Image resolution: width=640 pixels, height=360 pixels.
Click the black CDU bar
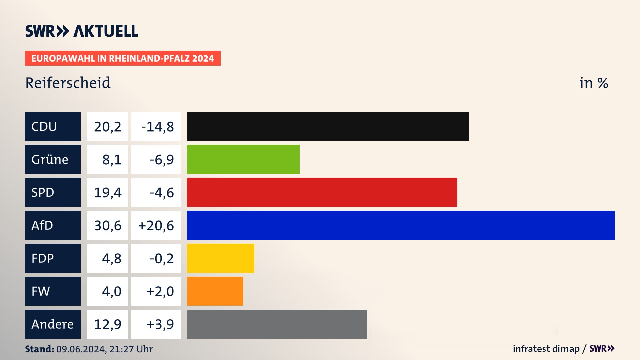(x=328, y=126)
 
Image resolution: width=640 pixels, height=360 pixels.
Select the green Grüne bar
(x=243, y=159)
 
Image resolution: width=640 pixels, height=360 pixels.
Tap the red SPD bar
(x=322, y=192)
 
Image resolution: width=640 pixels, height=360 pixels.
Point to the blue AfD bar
(x=401, y=225)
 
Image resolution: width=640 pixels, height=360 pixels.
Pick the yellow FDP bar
(x=220, y=258)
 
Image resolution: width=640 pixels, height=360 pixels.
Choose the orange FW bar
(x=215, y=291)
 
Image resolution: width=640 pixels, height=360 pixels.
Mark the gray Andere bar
(x=277, y=324)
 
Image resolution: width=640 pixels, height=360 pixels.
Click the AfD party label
(x=42, y=225)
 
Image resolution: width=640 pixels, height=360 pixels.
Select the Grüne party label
(x=50, y=159)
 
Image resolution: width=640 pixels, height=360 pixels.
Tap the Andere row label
(x=52, y=324)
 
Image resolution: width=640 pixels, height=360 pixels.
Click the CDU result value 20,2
(x=107, y=127)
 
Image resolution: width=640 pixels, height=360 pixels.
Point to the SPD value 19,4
(x=107, y=193)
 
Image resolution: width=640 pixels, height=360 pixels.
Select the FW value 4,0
(x=111, y=291)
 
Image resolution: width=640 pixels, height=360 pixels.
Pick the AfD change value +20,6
(x=156, y=226)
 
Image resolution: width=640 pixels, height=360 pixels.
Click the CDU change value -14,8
(x=157, y=127)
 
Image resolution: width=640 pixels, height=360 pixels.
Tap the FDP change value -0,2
(x=162, y=258)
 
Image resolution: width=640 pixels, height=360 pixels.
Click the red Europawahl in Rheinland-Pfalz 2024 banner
(x=123, y=58)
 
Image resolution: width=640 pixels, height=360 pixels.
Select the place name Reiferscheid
(x=68, y=83)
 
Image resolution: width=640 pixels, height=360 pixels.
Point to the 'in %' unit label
(x=594, y=83)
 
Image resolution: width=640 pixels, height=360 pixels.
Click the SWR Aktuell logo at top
(x=82, y=31)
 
